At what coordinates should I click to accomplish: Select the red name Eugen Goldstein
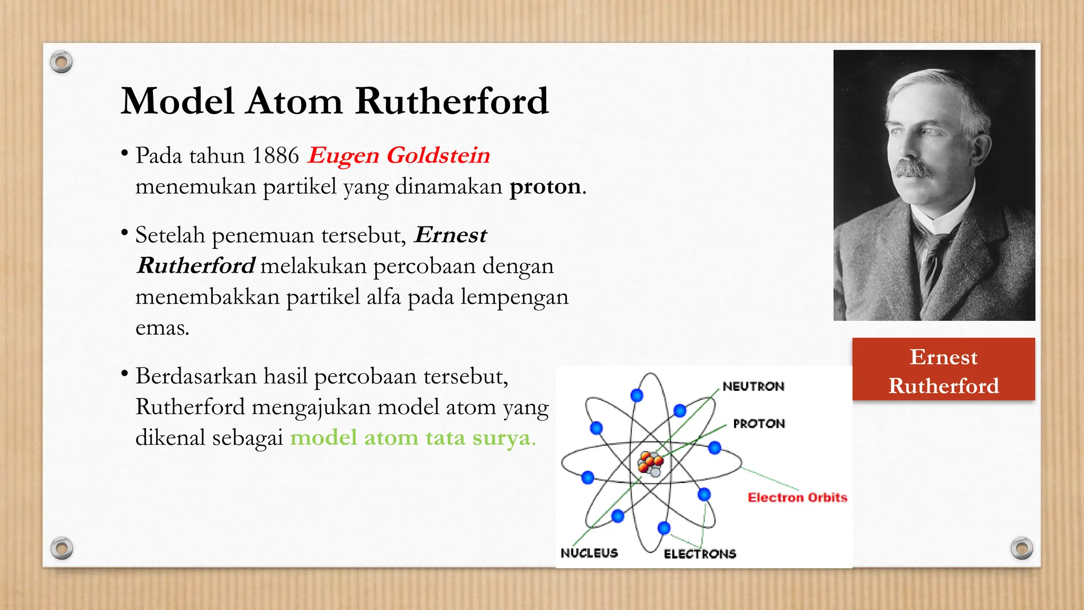pos(399,156)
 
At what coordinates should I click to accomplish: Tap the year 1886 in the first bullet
pos(275,156)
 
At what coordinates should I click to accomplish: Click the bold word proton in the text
pos(545,186)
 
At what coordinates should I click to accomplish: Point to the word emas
pos(162,328)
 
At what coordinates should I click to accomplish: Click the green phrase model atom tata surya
pos(413,438)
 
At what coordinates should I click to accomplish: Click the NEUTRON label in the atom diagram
pos(753,387)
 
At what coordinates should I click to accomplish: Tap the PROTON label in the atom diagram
pos(758,424)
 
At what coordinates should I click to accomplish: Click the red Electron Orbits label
pos(797,497)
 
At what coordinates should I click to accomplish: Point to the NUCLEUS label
pos(589,553)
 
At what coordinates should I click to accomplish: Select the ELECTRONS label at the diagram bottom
pos(700,554)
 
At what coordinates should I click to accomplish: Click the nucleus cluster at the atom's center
pos(650,464)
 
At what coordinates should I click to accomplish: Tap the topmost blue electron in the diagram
pos(637,395)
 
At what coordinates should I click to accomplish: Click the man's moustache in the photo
pos(913,168)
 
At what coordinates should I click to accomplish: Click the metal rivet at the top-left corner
pos(61,62)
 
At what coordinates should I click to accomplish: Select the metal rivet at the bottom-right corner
pos(1021,548)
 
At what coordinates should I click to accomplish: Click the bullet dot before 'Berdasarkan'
pos(124,374)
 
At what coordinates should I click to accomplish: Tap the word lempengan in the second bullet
pos(514,297)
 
